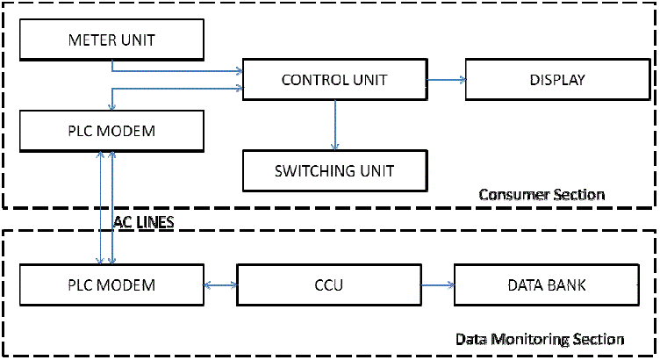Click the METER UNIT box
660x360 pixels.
[111, 40]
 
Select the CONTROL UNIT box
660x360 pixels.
[334, 80]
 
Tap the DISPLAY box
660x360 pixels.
[556, 80]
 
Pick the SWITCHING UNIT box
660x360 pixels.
[334, 170]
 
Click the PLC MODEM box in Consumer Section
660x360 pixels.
[111, 132]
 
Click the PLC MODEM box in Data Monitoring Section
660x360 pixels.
[111, 285]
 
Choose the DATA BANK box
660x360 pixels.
[544, 285]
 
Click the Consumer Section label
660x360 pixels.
[542, 194]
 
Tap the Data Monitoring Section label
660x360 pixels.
[540, 339]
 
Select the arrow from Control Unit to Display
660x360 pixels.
[445, 80]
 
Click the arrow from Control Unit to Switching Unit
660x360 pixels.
[334, 123]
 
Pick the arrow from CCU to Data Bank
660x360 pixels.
[437, 285]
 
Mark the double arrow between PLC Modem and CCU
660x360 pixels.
[220, 285]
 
